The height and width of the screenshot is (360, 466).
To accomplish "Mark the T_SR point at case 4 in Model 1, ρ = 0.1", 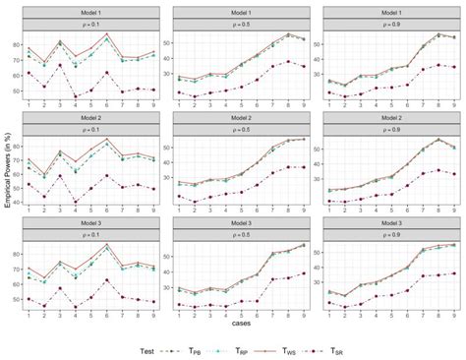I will point(76,97).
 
